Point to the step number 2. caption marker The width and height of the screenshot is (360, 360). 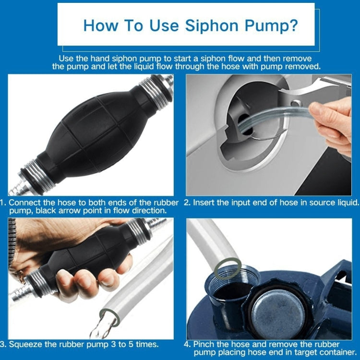point(188,203)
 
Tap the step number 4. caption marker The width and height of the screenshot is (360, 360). point(187,344)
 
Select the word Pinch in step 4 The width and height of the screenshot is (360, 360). point(205,344)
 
